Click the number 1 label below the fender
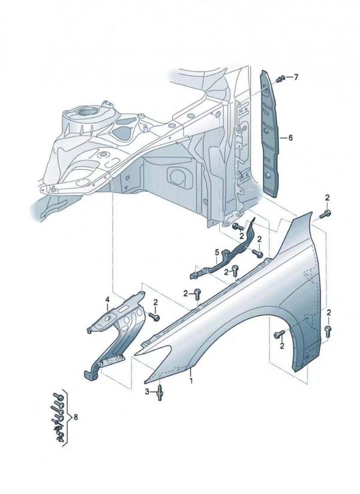191,380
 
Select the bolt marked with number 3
160,394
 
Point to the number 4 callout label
108,300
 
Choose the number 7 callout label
295,77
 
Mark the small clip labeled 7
280,79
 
